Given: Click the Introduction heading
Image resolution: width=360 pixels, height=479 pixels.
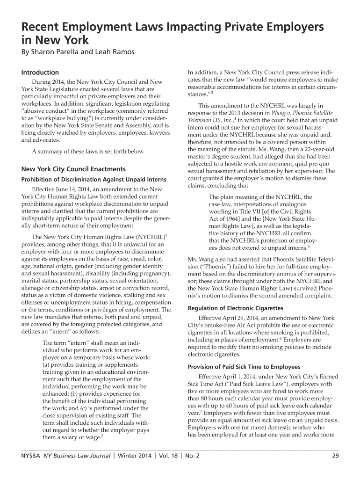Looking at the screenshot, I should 40,73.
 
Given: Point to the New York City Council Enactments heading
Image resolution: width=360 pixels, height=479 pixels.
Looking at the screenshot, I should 73,169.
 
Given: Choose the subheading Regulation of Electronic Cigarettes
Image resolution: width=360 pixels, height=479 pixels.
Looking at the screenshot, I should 235,308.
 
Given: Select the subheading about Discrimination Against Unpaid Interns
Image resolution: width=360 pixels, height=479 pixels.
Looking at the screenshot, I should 94,180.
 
